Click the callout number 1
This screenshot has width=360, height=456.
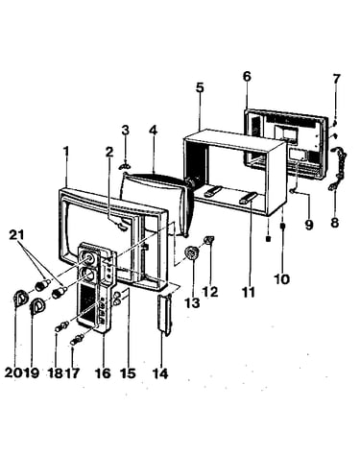coord(66,152)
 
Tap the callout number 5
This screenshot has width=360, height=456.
coord(200,87)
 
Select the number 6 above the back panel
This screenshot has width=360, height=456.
coord(247,77)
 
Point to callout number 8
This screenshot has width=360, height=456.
coord(335,223)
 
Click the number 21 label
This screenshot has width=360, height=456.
coord(16,235)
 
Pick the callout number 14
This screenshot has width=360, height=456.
coord(160,373)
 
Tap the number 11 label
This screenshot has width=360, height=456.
coord(249,292)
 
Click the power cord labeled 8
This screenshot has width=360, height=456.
coord(338,168)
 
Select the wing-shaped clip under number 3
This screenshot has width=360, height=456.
coord(126,166)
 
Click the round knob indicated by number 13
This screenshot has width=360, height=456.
coord(191,253)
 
